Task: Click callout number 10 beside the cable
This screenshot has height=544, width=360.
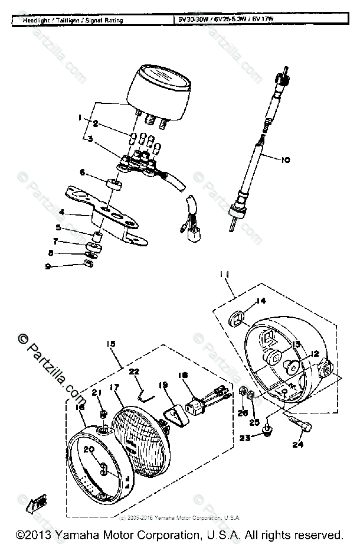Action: click(286, 159)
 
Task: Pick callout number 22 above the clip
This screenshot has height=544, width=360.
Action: click(134, 372)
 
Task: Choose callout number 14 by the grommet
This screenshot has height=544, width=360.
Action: click(261, 302)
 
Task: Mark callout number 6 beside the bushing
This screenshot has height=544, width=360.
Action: click(83, 172)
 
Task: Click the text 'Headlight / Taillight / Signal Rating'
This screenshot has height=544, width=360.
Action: click(73, 21)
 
